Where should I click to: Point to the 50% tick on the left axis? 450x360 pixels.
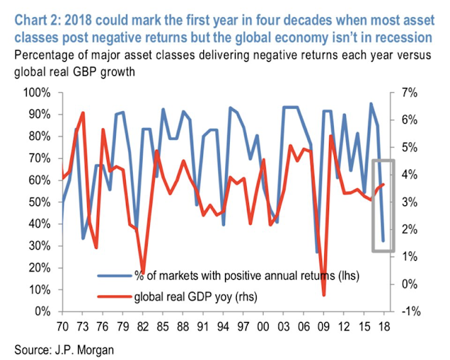click(x=37, y=202)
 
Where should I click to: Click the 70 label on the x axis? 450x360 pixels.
click(x=63, y=327)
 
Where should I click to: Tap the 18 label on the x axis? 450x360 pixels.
click(x=384, y=327)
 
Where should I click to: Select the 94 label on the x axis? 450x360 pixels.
click(x=223, y=327)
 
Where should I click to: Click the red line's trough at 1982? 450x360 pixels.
click(x=143, y=271)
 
